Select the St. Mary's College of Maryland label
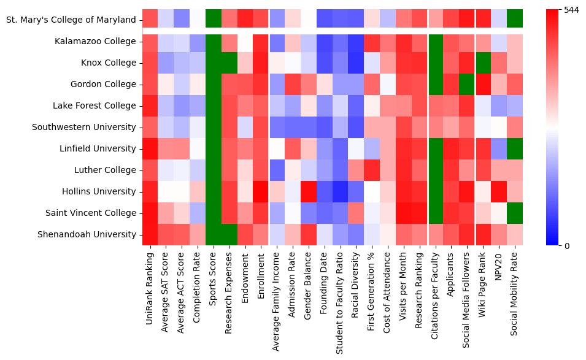click(71, 20)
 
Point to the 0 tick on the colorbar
click(567, 245)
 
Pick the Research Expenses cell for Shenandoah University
click(229, 234)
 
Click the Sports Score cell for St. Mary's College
click(213, 20)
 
